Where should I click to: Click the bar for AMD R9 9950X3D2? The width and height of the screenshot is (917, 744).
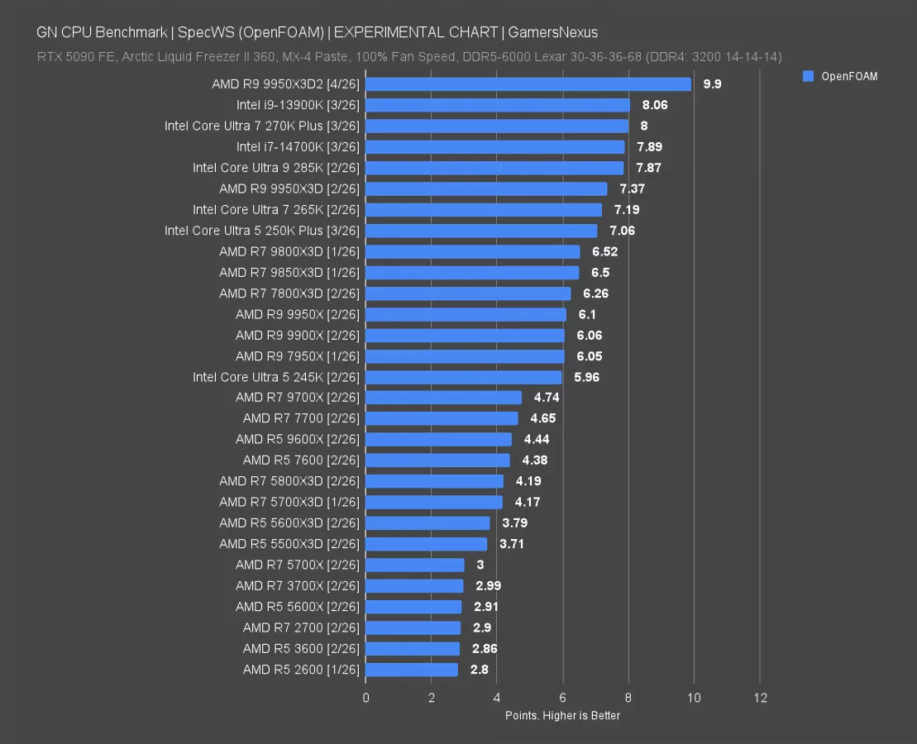[x=528, y=84]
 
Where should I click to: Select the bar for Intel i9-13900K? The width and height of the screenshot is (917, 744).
[x=497, y=105]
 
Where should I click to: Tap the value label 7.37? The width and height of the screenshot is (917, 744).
[x=632, y=189]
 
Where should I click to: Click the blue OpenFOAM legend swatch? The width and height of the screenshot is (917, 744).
[x=809, y=76]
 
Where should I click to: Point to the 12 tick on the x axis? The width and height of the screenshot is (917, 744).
[x=760, y=698]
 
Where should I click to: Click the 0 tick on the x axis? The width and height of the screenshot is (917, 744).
[x=365, y=698]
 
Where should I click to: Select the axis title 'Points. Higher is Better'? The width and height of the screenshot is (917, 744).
[x=562, y=715]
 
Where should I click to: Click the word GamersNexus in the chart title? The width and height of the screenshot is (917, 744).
[x=554, y=32]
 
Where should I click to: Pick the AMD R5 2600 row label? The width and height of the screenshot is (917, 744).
[x=301, y=670]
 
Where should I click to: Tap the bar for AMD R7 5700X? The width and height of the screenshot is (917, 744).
[x=414, y=565]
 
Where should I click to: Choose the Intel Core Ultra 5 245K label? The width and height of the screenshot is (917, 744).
[x=276, y=377]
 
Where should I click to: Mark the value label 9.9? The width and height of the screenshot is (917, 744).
[x=712, y=84]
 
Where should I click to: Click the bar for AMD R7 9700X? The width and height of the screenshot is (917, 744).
[x=443, y=398]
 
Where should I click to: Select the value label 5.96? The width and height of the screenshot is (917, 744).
[x=586, y=377]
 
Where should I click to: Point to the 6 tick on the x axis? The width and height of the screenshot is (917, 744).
[x=562, y=698]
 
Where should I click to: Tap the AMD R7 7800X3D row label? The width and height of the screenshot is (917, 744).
[x=289, y=293]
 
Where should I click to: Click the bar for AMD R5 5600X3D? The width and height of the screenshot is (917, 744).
[x=427, y=523]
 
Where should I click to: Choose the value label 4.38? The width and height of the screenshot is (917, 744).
[x=534, y=460]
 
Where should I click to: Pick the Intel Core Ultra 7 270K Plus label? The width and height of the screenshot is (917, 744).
[x=262, y=126]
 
